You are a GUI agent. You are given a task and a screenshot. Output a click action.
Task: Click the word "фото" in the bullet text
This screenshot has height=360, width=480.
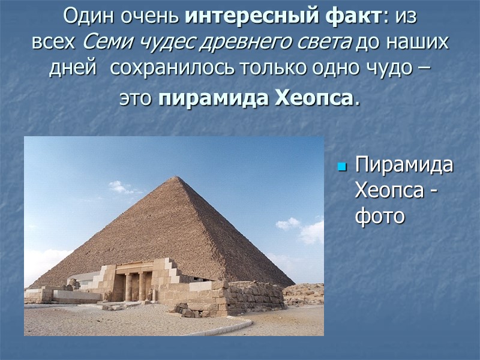pos(380,216)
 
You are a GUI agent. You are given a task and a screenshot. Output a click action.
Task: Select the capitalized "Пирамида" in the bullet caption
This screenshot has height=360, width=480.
pos(403,166)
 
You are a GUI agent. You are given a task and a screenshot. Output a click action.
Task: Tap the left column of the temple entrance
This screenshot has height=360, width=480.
pos(128,286)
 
